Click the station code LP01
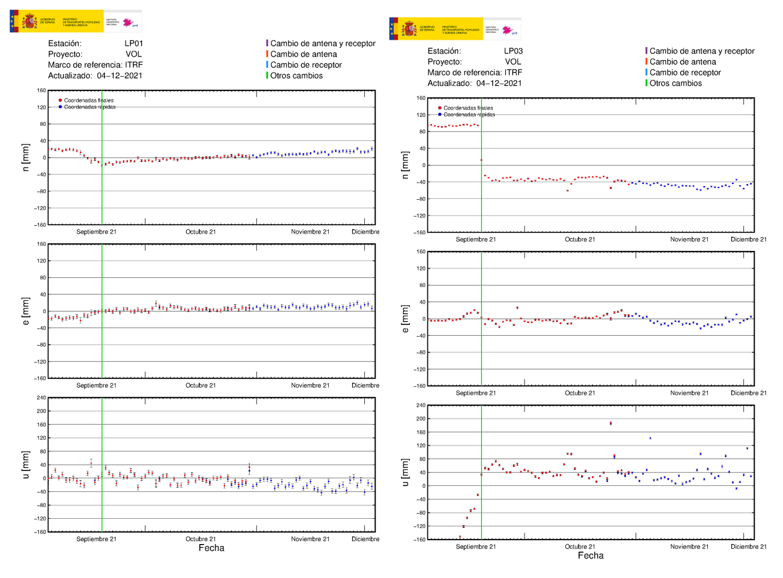coord(133,44)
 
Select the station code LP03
coord(513,51)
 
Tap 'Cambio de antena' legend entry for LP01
coord(303,54)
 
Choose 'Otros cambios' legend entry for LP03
coord(675,83)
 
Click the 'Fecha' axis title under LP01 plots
coord(211,548)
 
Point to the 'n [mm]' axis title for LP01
coord(26,157)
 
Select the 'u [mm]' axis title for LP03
coord(405,472)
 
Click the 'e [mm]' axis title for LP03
coord(405,318)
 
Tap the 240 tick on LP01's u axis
coord(41,398)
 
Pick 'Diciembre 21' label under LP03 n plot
coord(748,239)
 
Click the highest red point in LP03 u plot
coord(610,423)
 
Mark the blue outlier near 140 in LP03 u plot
coord(650,438)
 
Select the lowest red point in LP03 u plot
coord(460,536)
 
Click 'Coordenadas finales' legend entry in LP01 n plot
coord(88,100)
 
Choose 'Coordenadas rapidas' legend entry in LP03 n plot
coord(469,115)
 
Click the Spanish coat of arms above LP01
coord(29,22)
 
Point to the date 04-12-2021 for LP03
coord(499,83)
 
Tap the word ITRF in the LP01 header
coord(134,65)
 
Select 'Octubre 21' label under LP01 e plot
coord(200,385)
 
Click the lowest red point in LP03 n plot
coord(567,191)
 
